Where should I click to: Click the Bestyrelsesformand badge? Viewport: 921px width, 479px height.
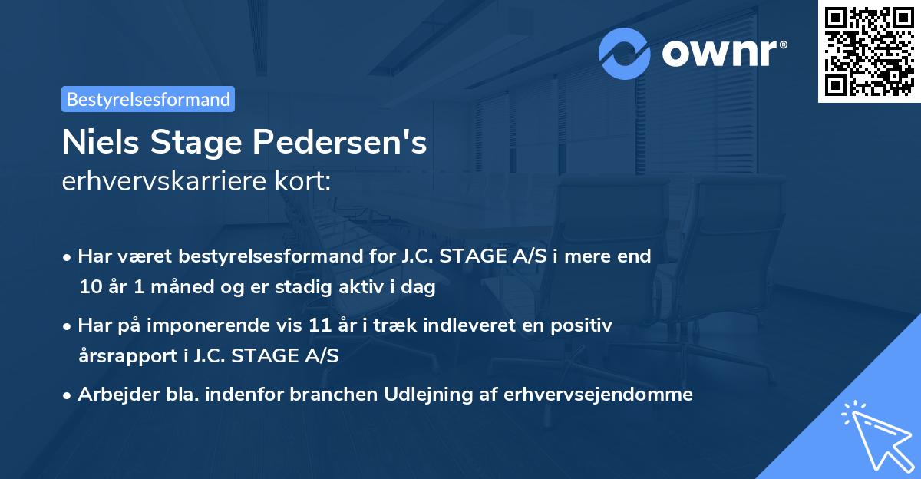[147, 99]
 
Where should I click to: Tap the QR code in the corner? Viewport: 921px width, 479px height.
[869, 51]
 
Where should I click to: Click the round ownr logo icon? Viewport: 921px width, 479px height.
[625, 53]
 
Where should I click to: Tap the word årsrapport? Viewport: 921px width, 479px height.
[123, 355]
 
